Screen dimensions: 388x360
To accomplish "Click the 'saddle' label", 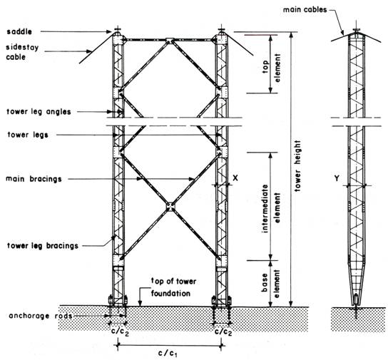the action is coord(19,31).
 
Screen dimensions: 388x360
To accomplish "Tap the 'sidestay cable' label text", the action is coord(22,52).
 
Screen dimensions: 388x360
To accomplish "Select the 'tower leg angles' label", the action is coord(39,112).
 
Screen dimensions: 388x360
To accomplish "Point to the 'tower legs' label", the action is coord(28,135).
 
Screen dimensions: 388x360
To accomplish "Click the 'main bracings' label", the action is coord(34,179).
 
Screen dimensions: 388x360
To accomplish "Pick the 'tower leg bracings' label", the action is coord(43,246).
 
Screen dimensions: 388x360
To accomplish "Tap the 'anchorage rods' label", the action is coord(41,316).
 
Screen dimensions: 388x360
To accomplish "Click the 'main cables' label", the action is coord(305,10).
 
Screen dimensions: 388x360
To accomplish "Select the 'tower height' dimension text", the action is coord(297,166).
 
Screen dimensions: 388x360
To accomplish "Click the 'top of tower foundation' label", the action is coord(173,287).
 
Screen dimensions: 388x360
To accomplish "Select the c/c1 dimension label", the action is coord(168,354).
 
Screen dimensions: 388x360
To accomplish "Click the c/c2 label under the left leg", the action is coord(120,332).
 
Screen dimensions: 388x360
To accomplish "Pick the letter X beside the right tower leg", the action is coord(235,178).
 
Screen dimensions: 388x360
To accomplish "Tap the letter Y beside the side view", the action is coord(337,178).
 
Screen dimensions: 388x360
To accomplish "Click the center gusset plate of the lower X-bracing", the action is coord(170,207).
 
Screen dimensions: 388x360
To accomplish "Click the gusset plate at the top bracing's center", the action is coord(170,41).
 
